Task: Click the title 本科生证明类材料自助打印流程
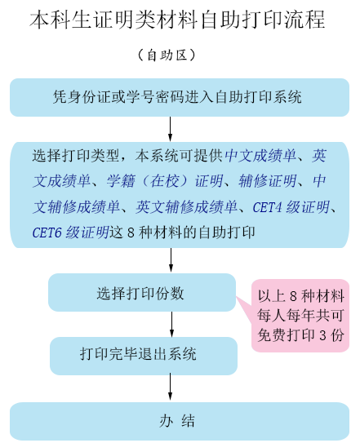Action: [x=177, y=20]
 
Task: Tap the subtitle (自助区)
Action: [x=167, y=55]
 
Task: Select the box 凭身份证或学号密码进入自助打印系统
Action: [x=180, y=97]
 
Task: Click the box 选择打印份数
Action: [x=142, y=292]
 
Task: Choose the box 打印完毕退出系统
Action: [x=144, y=356]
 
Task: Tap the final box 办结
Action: [x=180, y=421]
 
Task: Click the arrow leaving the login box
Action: [x=171, y=129]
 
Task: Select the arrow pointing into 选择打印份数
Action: [x=171, y=260]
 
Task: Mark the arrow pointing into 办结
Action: [x=171, y=387]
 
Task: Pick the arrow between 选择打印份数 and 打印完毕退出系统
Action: [x=171, y=324]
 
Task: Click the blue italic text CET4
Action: [x=267, y=207]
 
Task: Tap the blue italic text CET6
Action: [x=47, y=233]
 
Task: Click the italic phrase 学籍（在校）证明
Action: [x=165, y=181]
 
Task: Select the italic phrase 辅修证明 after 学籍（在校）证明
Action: [x=268, y=181]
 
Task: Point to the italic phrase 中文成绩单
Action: [x=260, y=155]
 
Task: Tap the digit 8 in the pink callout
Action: [x=293, y=296]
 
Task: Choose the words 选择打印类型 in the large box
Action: [x=75, y=155]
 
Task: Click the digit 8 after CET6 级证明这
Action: [x=131, y=233]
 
